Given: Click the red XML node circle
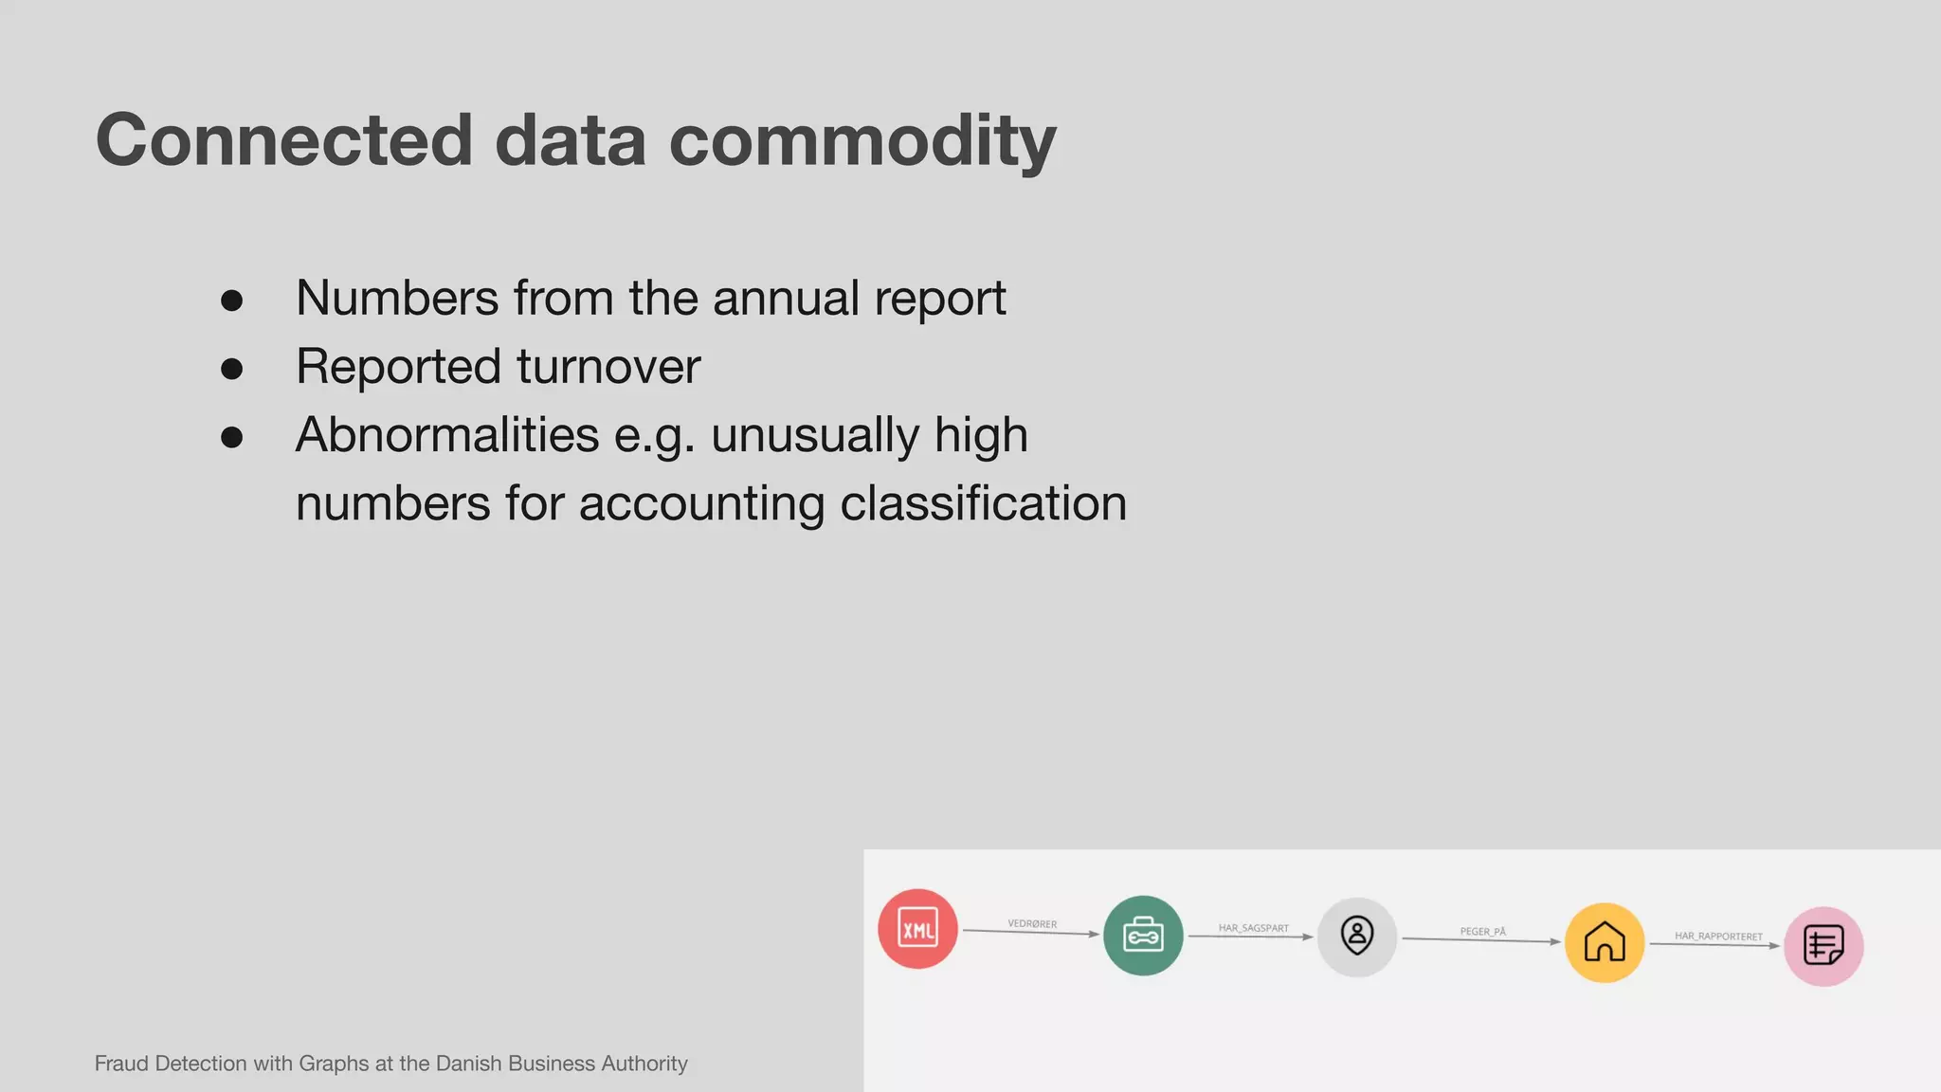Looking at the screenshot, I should point(917,929).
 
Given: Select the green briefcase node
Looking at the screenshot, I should point(1143,936).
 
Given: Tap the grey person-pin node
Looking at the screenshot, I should point(1357,937).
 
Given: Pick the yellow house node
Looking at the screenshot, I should point(1605,942).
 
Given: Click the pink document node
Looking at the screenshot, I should point(1823,946).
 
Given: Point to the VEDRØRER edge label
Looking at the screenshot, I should point(1032,923).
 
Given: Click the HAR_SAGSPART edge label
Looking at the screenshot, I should point(1253,928).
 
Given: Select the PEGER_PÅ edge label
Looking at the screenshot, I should point(1482,932).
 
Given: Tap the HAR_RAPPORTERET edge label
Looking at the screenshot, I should point(1718,936).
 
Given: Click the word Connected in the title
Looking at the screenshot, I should point(283,140).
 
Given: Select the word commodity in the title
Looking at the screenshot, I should point(862,140).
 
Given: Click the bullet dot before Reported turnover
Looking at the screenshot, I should point(231,369).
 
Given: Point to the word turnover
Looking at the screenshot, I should point(608,367).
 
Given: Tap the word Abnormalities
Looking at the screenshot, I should point(447,435).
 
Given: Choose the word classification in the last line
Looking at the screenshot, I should point(983,503).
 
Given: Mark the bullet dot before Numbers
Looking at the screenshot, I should point(231,300).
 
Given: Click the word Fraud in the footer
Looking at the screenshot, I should point(121,1064).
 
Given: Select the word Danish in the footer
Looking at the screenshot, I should point(469,1064).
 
